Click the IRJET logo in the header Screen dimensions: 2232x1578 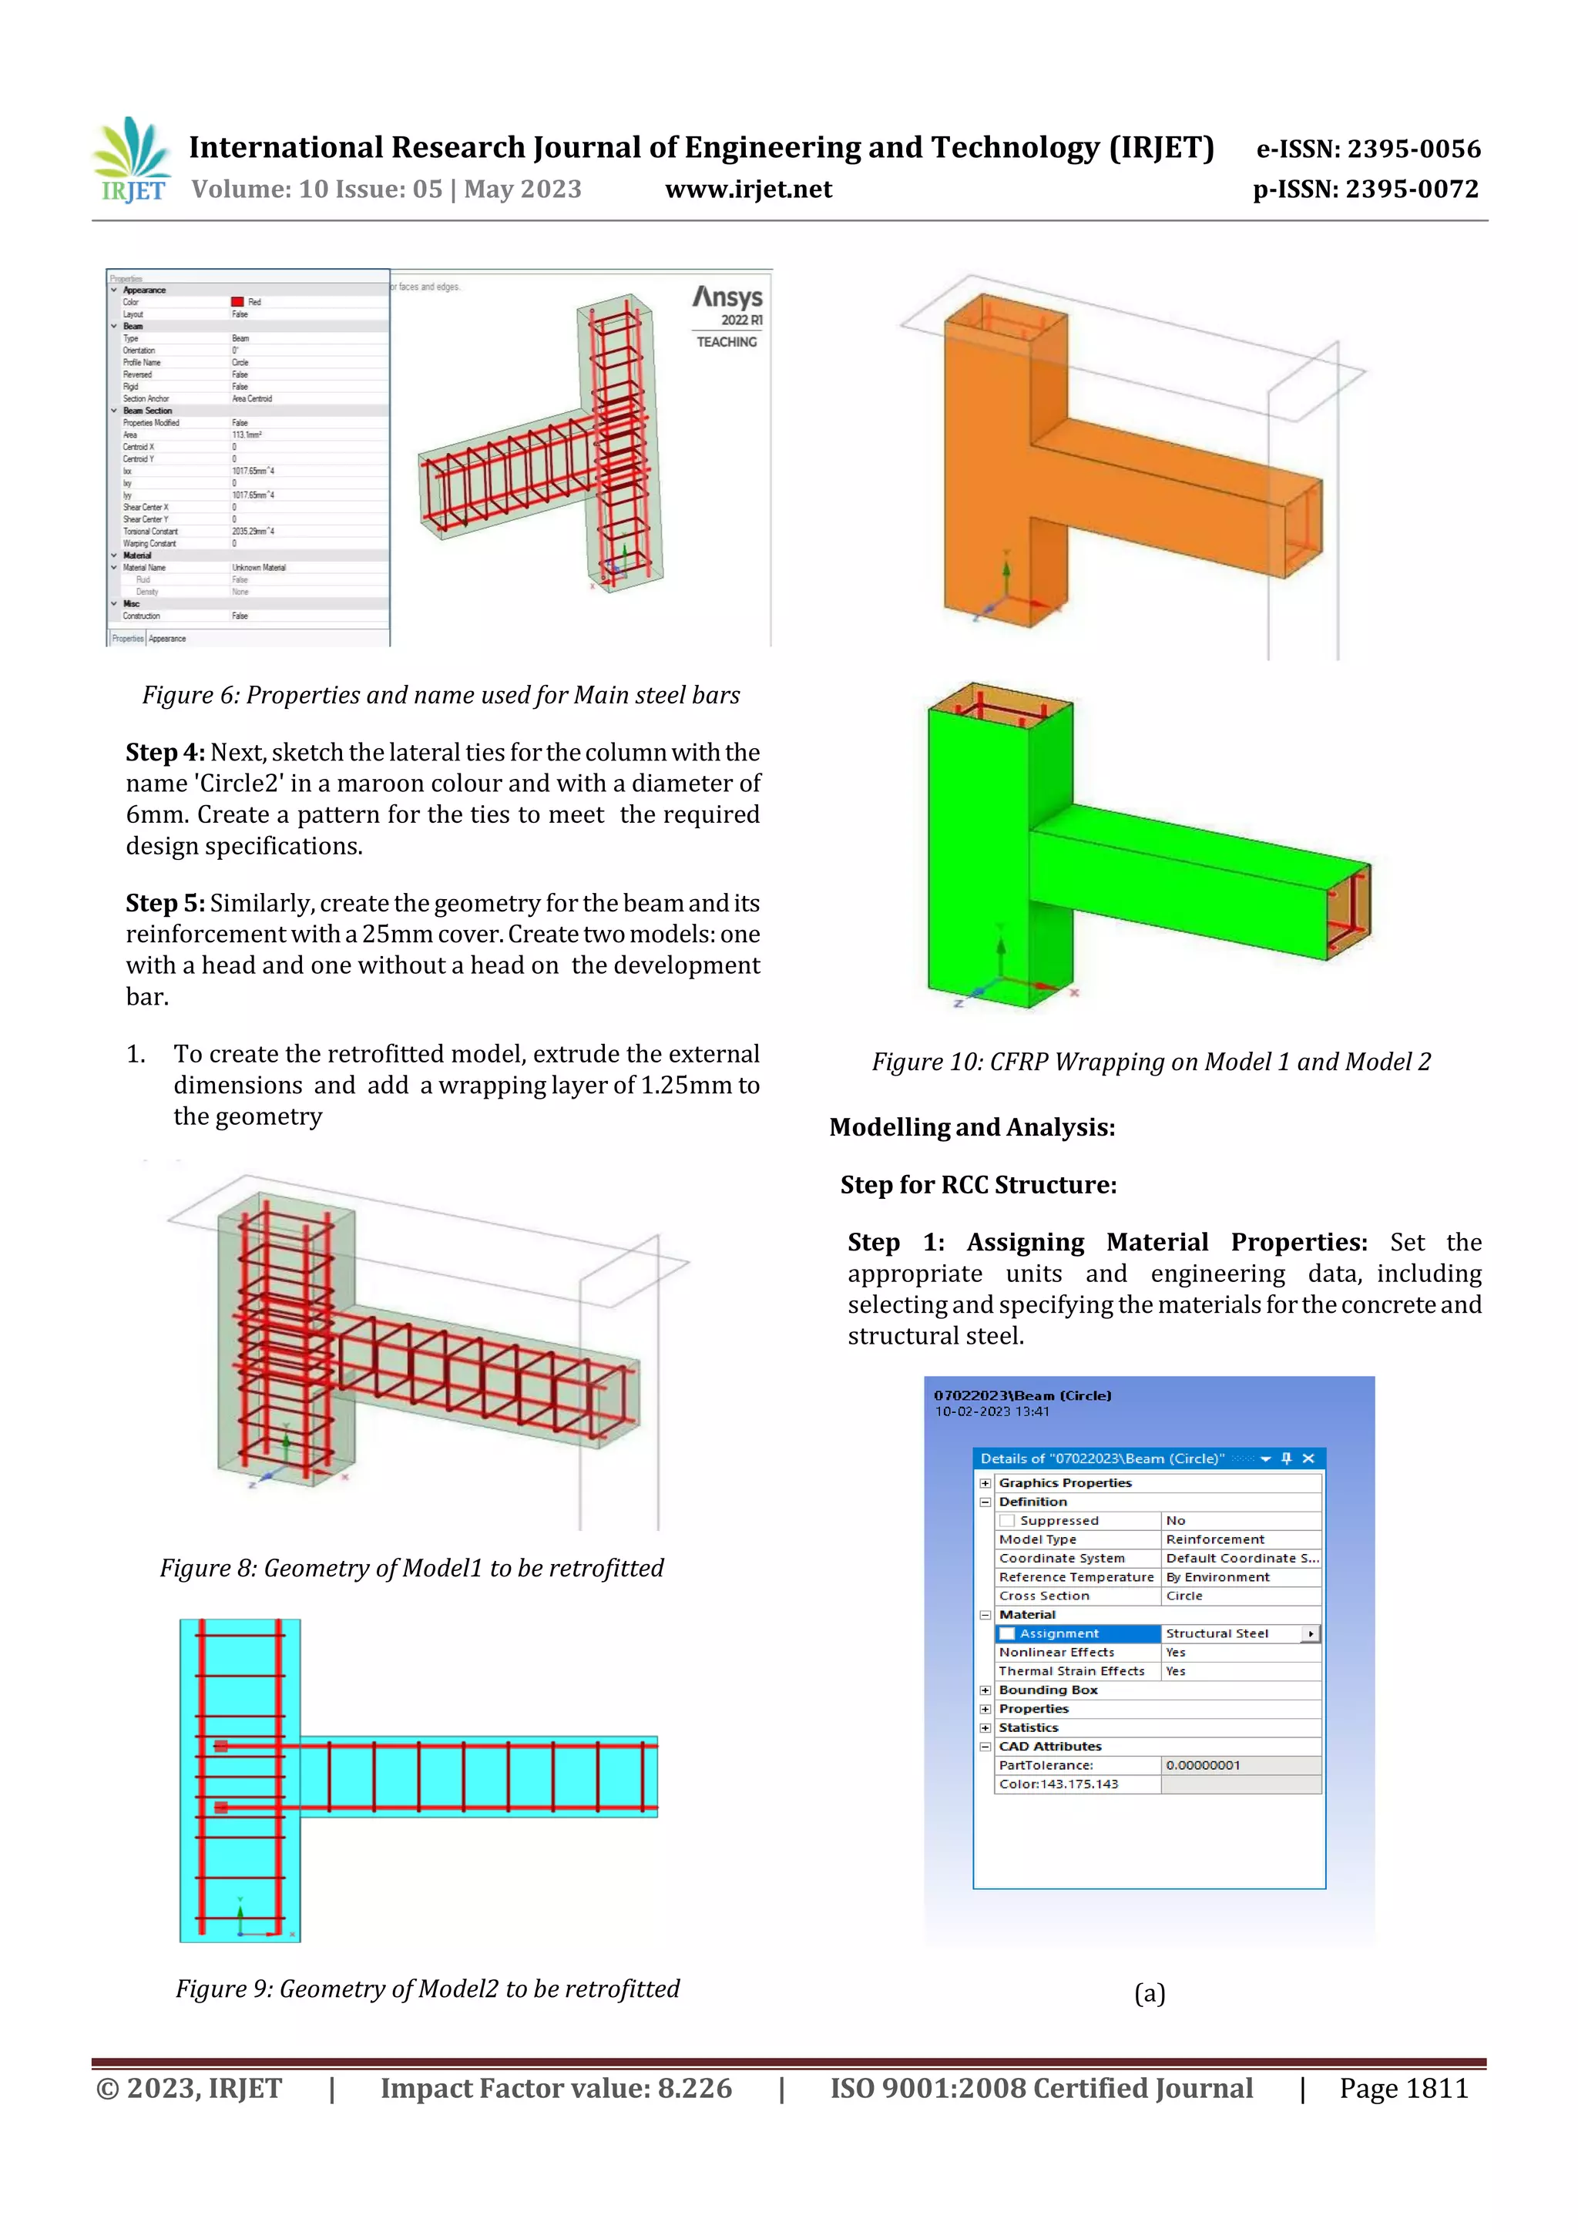[133, 160]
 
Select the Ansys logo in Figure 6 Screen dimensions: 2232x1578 [727, 297]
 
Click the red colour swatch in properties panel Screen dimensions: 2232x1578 [237, 302]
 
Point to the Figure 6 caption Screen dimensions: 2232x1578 [441, 695]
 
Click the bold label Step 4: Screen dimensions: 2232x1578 [166, 753]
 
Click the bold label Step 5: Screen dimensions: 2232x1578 [166, 903]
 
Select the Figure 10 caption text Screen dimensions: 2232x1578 [1150, 1062]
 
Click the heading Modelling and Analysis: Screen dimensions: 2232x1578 [972, 1128]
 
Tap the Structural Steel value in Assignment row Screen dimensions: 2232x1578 [1217, 1634]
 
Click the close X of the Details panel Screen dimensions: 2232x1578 [1308, 1458]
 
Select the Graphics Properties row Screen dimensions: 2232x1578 [1065, 1483]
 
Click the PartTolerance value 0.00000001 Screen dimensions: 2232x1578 [1203, 1765]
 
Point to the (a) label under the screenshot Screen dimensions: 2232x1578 [1150, 1994]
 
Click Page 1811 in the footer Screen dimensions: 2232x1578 [1403, 2088]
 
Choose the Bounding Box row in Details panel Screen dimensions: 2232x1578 [1048, 1690]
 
